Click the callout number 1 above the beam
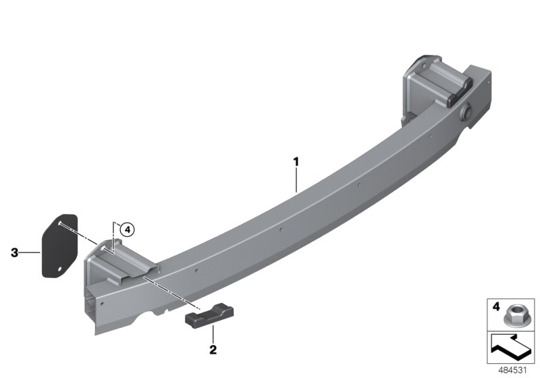[296, 162]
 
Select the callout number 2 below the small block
[213, 350]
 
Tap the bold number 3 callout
[14, 252]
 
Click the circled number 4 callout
[128, 230]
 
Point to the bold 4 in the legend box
[496, 306]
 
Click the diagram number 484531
[512, 371]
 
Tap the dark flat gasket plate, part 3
[59, 246]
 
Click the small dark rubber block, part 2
[209, 315]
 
